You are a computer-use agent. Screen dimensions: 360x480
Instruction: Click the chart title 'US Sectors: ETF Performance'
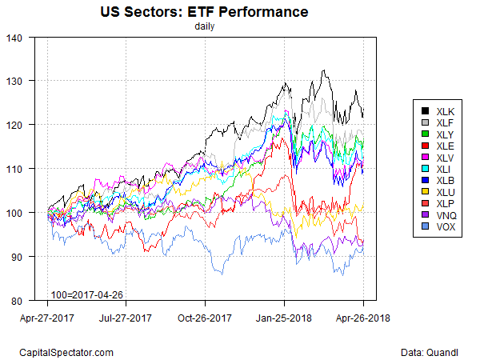tap(204, 13)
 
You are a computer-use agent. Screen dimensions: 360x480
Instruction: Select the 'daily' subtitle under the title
tap(205, 26)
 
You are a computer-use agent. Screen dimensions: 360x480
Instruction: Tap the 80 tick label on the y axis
tap(19, 301)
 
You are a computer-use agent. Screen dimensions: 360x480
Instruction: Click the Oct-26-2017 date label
tap(205, 318)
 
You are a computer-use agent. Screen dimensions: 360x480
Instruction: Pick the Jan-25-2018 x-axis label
tap(284, 318)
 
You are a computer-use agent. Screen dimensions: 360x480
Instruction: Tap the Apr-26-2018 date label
tap(362, 318)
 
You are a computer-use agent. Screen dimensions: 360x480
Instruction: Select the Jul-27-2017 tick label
tap(126, 318)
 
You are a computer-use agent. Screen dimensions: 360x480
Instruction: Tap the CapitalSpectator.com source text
tap(66, 351)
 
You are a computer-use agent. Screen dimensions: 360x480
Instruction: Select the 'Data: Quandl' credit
tap(434, 351)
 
